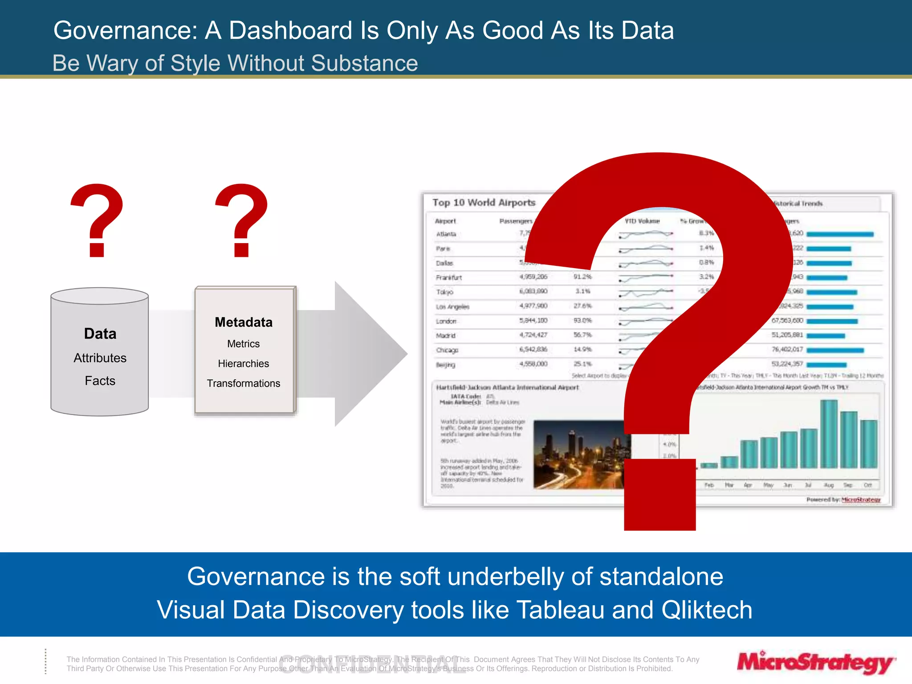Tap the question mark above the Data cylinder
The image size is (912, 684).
(x=97, y=220)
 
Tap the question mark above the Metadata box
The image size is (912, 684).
(x=241, y=220)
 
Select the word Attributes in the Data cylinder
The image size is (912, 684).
(x=100, y=358)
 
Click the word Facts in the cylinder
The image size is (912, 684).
(x=100, y=381)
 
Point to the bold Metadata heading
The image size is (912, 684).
(x=243, y=322)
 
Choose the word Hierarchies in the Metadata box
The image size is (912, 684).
(x=243, y=363)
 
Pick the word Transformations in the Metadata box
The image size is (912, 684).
(x=243, y=383)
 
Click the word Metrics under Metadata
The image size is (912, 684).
(x=243, y=344)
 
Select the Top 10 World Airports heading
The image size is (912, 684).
(x=484, y=203)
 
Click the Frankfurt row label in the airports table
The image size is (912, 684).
(x=449, y=277)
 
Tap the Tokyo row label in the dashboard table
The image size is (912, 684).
(x=444, y=292)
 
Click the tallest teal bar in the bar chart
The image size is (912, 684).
(x=829, y=434)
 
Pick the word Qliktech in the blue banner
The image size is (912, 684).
(x=707, y=610)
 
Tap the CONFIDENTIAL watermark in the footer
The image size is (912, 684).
(x=372, y=664)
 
